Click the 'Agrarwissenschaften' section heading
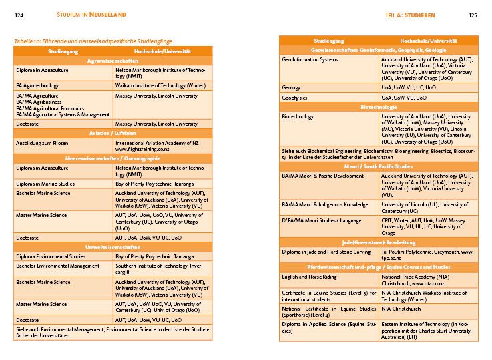click(113, 61)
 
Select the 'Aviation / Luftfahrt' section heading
click(113, 133)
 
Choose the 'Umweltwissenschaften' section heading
click(113, 246)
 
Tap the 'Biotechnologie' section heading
click(379, 107)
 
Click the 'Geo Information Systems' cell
click(310, 59)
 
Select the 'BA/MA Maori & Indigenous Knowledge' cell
click(325, 204)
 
